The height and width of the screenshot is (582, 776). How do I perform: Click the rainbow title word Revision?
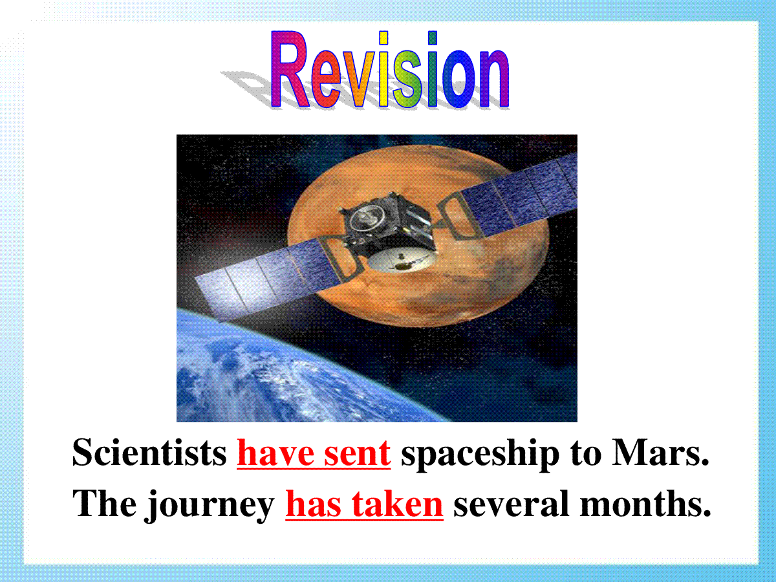(389, 70)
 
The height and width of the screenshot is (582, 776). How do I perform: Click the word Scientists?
(149, 453)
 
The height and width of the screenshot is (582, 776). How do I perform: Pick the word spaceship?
(480, 456)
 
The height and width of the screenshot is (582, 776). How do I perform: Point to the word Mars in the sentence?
(660, 453)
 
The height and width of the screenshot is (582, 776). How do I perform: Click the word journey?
(210, 506)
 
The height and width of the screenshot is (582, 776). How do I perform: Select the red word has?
(313, 504)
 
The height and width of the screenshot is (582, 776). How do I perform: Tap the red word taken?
(397, 504)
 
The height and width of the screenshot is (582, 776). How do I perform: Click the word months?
(645, 504)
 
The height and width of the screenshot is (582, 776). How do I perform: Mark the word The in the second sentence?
(104, 504)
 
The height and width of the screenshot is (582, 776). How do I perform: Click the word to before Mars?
(586, 455)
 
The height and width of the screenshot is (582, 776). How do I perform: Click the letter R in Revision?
(290, 70)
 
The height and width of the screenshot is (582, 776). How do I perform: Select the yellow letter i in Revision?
(383, 70)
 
